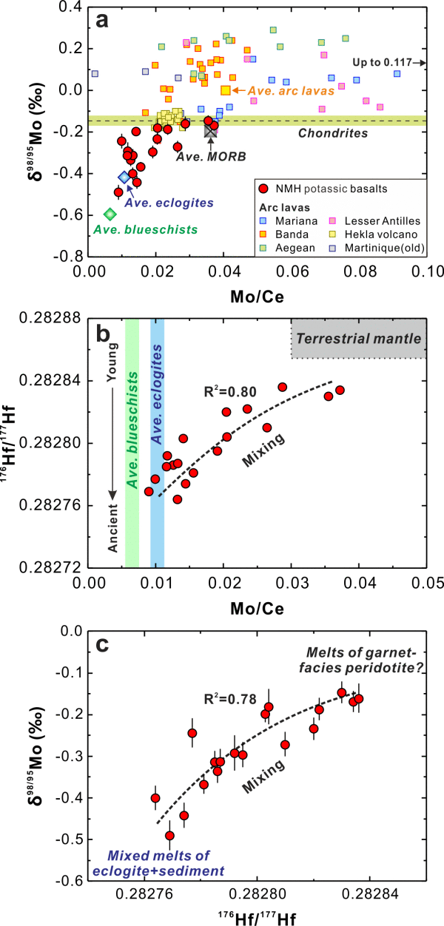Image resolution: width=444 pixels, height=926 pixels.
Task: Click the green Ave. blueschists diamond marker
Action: click(110, 214)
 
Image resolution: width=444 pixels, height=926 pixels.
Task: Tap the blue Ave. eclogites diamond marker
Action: click(124, 177)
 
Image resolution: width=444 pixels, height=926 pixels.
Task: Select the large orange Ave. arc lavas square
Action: click(226, 90)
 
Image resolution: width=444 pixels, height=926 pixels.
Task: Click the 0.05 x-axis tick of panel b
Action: click(427, 583)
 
